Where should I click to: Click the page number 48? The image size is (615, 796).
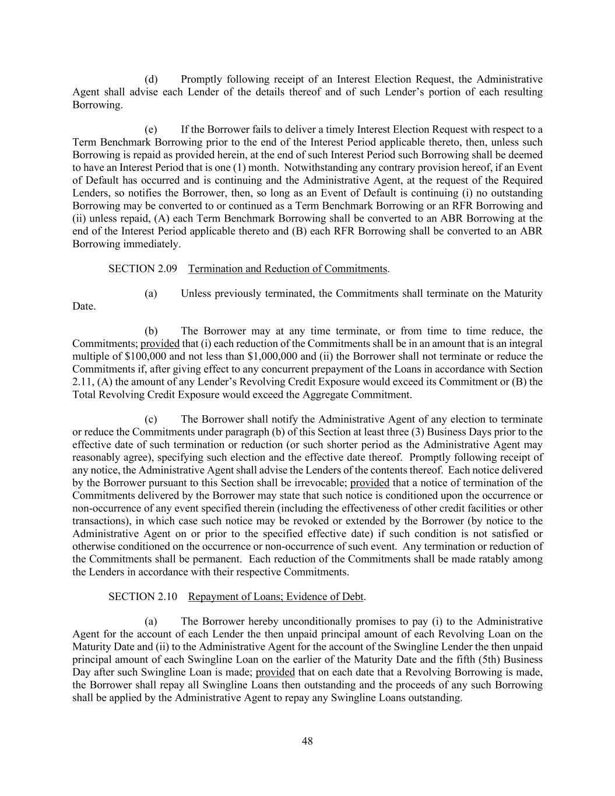307,741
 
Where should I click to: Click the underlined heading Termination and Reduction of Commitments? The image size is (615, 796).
288,269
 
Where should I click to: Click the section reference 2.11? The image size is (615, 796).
82,382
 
